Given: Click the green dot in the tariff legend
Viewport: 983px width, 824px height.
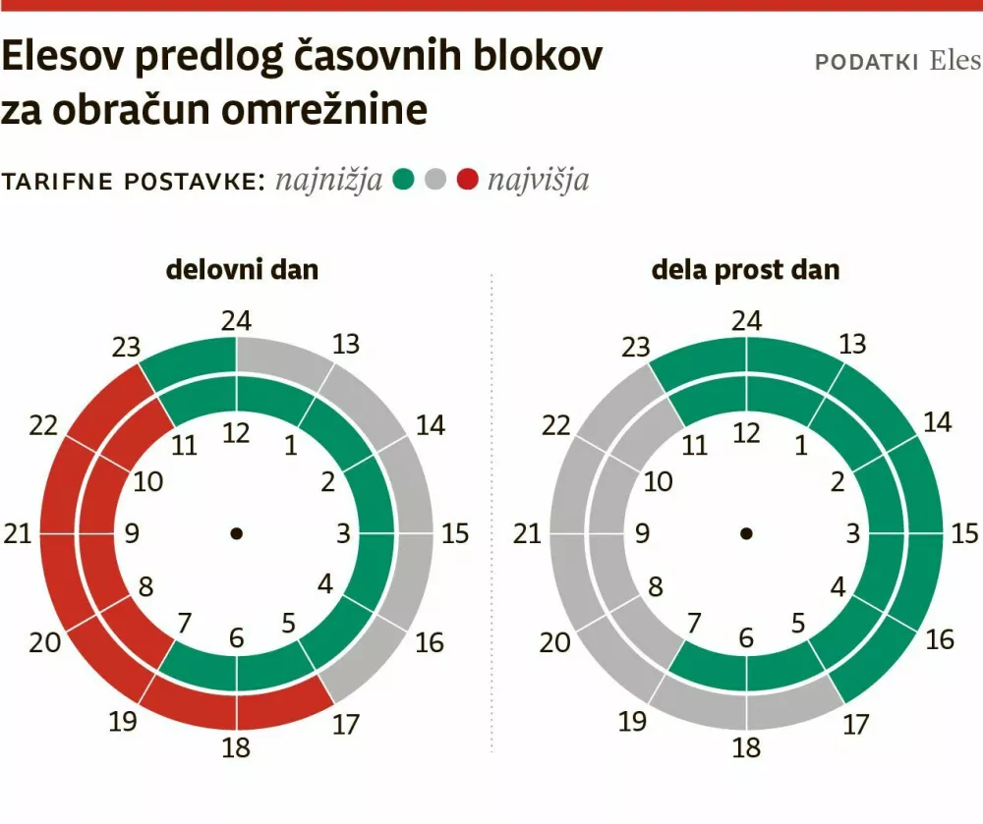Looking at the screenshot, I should point(403,180).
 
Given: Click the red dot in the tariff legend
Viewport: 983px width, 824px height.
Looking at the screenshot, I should point(468,180).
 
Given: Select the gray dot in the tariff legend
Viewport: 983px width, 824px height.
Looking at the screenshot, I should point(435,180).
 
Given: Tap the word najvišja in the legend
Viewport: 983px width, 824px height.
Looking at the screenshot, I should point(538,181).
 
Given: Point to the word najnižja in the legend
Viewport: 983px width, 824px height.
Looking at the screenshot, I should point(329,181).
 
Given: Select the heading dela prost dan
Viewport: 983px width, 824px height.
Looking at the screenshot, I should point(746,269).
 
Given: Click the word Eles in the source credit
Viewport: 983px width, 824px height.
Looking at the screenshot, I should point(954,61).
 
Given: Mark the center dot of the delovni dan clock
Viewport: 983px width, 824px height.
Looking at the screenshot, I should point(236,533).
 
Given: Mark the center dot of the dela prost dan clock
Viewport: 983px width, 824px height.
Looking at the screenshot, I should point(747,533).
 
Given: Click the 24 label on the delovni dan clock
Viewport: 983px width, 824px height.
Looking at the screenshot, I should point(236,321).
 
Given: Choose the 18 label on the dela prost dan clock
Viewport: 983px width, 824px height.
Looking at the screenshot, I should point(747,747).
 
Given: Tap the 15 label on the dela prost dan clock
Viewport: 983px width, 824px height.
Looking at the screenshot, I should point(965,534).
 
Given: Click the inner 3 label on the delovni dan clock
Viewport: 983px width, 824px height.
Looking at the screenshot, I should point(344,534).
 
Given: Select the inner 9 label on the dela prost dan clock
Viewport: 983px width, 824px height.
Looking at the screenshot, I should point(642,534).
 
